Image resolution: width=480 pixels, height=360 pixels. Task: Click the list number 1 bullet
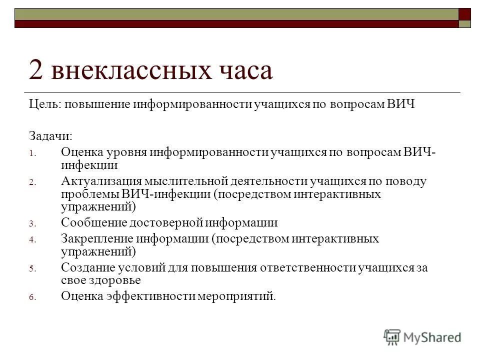coord(30,153)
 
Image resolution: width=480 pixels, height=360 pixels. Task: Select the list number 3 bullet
coord(30,224)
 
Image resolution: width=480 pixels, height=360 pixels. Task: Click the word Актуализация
coord(102,181)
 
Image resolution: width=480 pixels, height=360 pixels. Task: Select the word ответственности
coord(307,268)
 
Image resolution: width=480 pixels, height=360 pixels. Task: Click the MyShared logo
coord(422,337)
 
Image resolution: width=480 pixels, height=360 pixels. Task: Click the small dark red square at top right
coord(465,13)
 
